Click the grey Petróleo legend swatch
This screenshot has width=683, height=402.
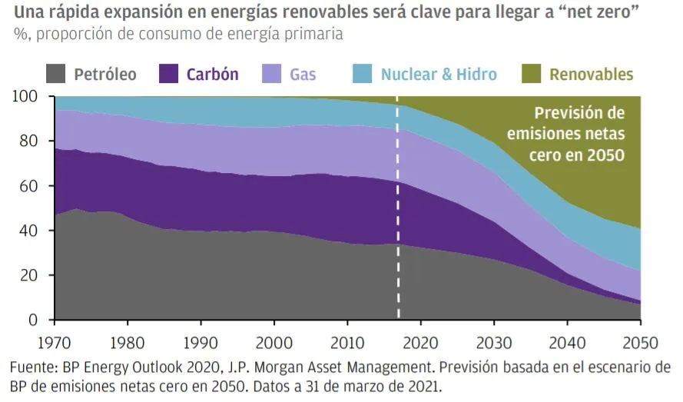(x=55, y=74)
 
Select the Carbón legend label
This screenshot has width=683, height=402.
(x=213, y=75)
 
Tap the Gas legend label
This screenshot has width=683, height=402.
(x=303, y=75)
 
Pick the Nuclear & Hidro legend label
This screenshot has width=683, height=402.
(x=439, y=75)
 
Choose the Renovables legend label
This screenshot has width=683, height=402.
(x=591, y=75)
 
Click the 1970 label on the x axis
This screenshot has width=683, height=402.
(x=55, y=339)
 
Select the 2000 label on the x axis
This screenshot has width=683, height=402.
(x=274, y=339)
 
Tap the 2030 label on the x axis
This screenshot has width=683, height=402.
(x=493, y=339)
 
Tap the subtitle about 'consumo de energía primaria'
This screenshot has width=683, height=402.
(x=177, y=35)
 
